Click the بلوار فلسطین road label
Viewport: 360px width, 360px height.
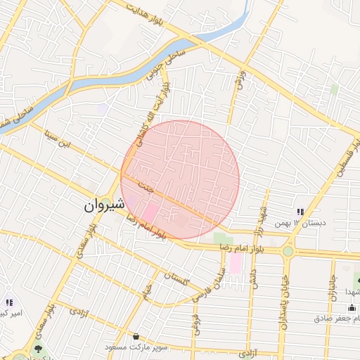345,155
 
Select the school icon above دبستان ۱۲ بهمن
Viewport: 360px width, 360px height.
300,212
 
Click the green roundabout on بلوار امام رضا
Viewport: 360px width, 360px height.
288,251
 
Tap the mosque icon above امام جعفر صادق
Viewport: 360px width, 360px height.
352,307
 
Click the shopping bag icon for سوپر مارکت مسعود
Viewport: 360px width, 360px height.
135,337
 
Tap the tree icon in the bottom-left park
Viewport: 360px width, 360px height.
37,348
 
